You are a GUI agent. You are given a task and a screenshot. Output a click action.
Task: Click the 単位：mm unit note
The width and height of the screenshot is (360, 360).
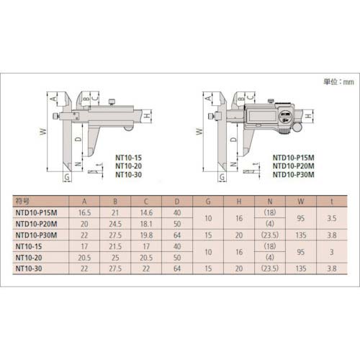click(x=338, y=82)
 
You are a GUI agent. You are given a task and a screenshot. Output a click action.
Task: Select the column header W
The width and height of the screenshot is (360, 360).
click(x=301, y=202)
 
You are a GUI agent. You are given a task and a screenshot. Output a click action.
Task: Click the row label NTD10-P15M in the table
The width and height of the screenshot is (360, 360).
click(x=36, y=212)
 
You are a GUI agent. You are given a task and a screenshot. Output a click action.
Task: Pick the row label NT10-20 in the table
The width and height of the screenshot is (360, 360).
click(x=29, y=258)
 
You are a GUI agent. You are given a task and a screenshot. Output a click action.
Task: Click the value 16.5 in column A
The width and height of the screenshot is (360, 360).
click(x=84, y=212)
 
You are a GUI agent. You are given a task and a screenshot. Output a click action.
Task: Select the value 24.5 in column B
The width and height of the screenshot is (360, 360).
click(x=115, y=224)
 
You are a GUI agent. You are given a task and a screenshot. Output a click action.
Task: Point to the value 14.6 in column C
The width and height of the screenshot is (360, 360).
click(x=146, y=212)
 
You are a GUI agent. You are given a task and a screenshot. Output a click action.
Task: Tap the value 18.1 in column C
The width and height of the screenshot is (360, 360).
click(x=146, y=224)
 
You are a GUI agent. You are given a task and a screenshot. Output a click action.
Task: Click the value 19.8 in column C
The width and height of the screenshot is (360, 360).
click(x=146, y=235)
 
